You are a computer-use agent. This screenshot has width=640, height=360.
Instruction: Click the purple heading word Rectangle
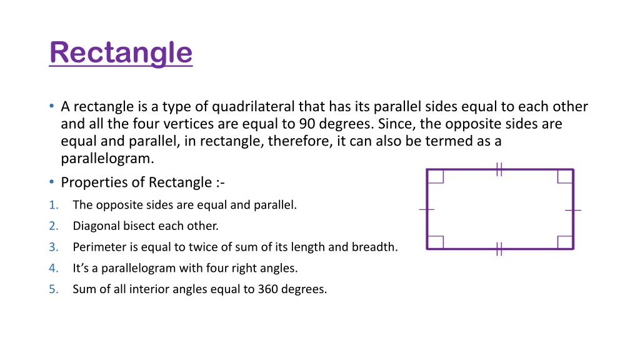tap(121, 53)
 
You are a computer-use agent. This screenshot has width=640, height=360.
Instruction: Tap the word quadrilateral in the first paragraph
tap(253, 106)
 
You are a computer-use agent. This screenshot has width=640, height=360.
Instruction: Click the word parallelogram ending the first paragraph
tap(107, 159)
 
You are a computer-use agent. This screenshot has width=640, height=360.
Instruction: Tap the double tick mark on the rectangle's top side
tap(499, 169)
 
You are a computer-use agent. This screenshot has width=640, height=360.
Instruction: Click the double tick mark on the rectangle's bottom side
tap(499, 249)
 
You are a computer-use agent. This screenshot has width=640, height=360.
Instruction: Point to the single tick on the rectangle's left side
tap(426, 210)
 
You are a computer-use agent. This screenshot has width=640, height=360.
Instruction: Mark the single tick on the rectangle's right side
tap(573, 210)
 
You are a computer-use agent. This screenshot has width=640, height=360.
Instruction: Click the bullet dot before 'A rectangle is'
tap(51, 106)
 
